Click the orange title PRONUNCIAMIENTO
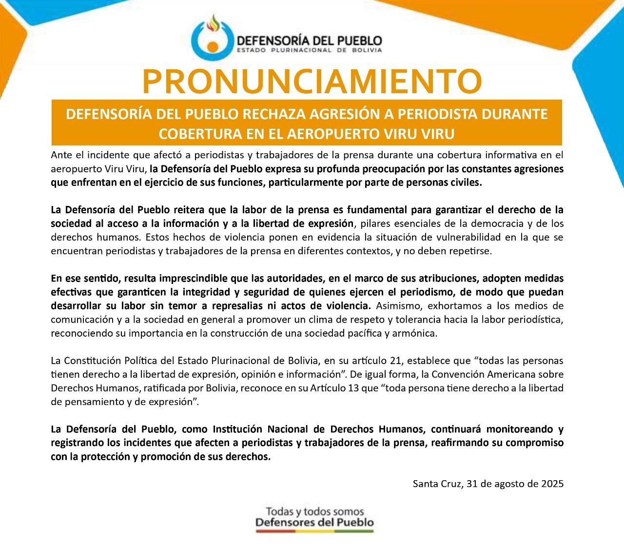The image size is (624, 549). tap(312, 81)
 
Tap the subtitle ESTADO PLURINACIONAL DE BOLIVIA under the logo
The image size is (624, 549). tap(309, 50)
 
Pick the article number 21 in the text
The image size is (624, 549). tap(395, 361)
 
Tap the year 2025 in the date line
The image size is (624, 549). tap(552, 484)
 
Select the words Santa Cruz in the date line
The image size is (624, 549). tap(437, 484)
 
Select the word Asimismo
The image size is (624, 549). tap(400, 305)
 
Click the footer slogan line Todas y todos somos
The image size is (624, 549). tap(315, 511)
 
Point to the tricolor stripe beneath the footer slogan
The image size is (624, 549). tap(315, 531)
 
